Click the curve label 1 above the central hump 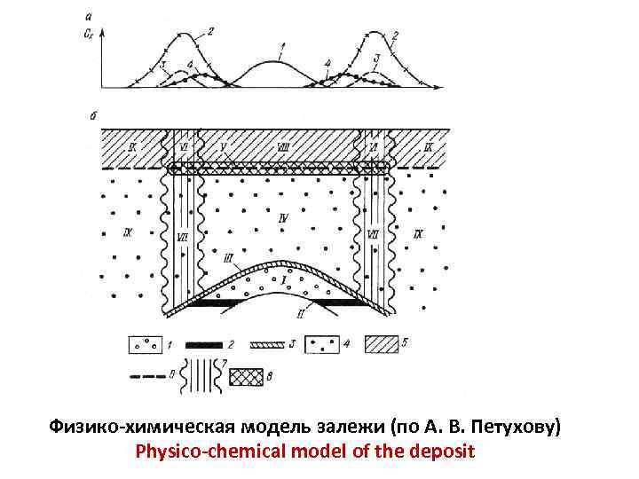(281, 45)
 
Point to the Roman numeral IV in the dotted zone (283, 216)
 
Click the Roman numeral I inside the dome (283, 279)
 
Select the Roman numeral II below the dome (302, 315)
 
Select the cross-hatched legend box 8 (248, 377)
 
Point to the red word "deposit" (444, 452)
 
